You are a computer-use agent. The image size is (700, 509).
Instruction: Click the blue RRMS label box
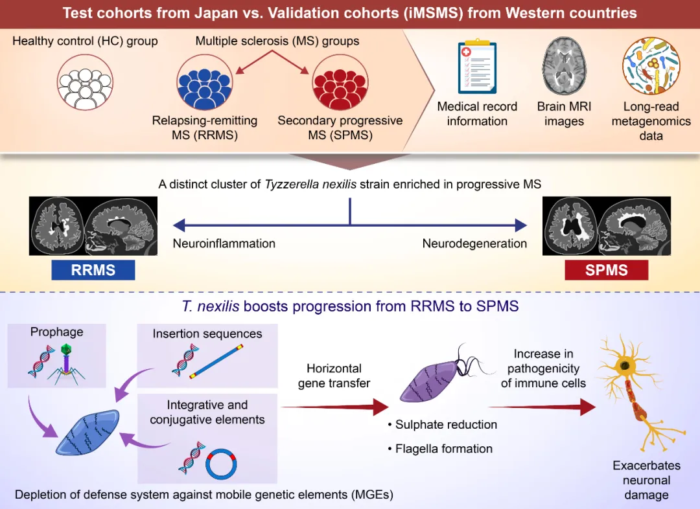coord(93,269)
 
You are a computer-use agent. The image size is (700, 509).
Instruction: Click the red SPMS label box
coord(606,269)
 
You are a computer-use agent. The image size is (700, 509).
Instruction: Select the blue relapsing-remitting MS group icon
coord(204,83)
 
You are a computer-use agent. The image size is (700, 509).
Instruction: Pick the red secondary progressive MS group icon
coord(340,83)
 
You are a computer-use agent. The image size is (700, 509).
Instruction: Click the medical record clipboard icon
coord(476,68)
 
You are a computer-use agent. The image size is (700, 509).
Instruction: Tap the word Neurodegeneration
coord(474,244)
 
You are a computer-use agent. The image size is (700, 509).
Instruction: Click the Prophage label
coord(57,332)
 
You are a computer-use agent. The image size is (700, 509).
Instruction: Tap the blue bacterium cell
coord(89,433)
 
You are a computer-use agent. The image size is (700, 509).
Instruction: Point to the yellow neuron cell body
coord(624,367)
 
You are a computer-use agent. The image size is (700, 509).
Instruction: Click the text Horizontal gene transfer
coord(334,376)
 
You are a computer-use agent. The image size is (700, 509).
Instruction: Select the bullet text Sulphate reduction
coord(446,424)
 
